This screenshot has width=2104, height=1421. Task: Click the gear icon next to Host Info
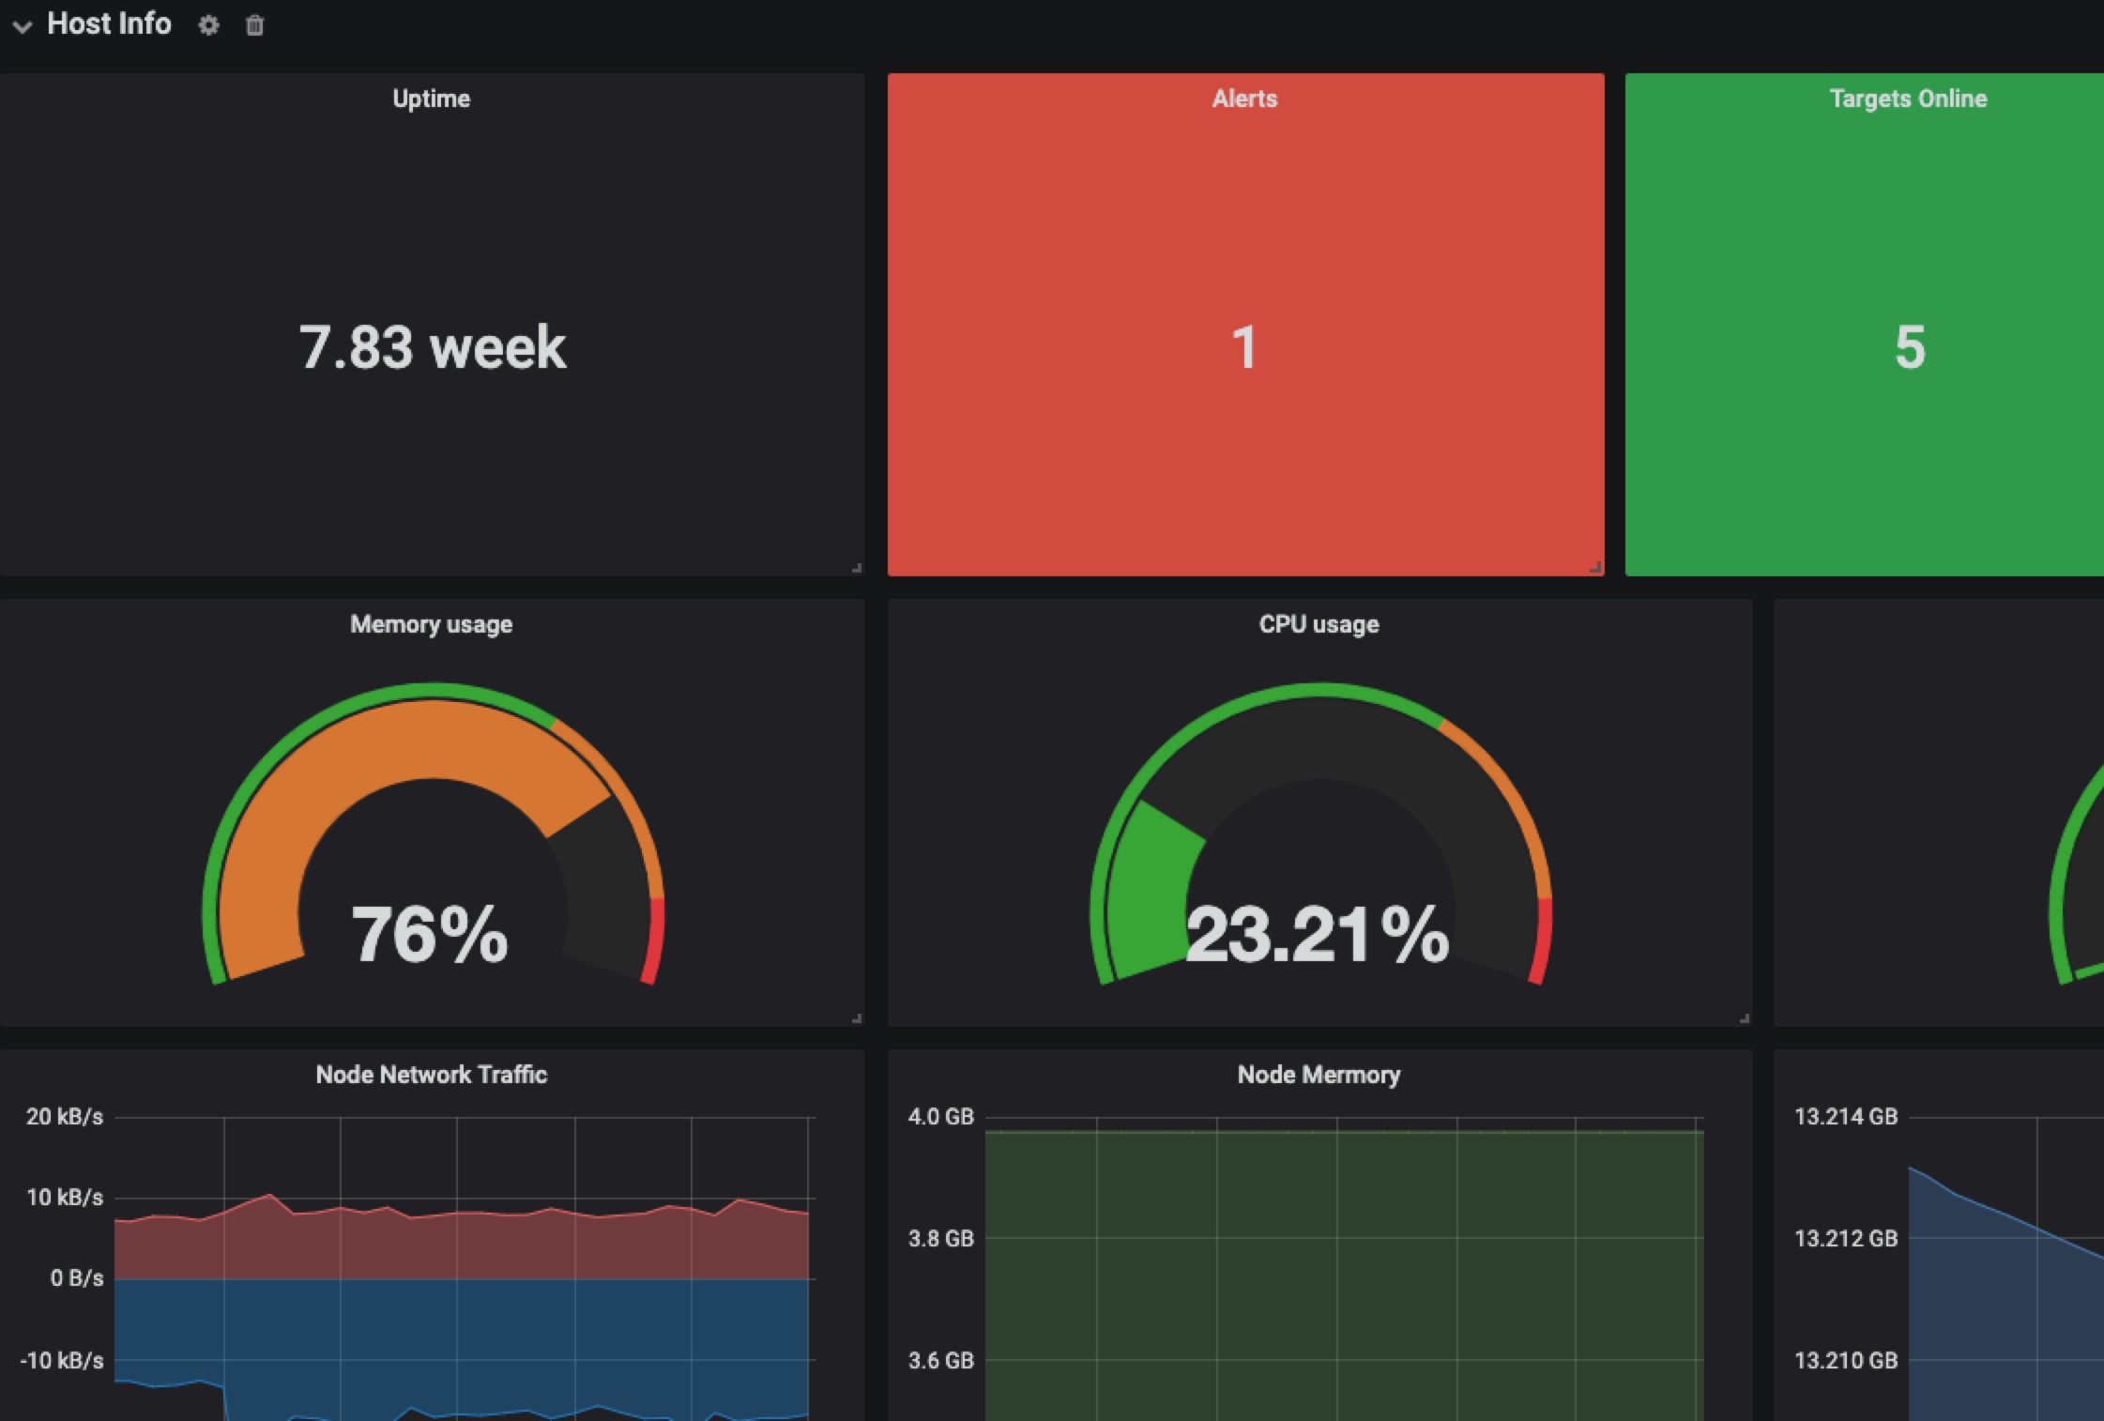click(x=208, y=25)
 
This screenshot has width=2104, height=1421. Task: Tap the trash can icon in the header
click(x=254, y=25)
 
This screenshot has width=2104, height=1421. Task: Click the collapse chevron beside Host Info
click(x=23, y=26)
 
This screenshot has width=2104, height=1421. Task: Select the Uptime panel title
click(x=431, y=99)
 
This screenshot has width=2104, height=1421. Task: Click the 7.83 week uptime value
click(x=433, y=347)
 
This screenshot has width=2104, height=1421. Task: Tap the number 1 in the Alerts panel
click(x=1244, y=347)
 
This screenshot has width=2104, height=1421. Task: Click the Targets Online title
click(x=1908, y=99)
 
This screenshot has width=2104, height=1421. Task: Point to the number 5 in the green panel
click(x=1910, y=347)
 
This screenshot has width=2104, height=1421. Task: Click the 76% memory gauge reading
click(x=430, y=934)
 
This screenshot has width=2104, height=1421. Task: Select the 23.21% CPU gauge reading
click(x=1318, y=934)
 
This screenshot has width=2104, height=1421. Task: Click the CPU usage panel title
click(x=1319, y=624)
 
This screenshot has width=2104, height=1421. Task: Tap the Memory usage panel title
click(x=431, y=624)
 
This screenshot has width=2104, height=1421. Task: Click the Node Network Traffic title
click(x=431, y=1075)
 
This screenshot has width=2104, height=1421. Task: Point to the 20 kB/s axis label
click(x=64, y=1117)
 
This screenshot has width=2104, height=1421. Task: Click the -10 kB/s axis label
click(x=62, y=1360)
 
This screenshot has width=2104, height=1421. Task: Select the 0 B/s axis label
click(x=76, y=1278)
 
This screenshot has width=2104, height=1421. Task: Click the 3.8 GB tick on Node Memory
click(x=940, y=1239)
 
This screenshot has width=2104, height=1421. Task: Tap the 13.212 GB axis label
click(x=1845, y=1239)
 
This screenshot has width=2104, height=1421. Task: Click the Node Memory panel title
click(x=1319, y=1075)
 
